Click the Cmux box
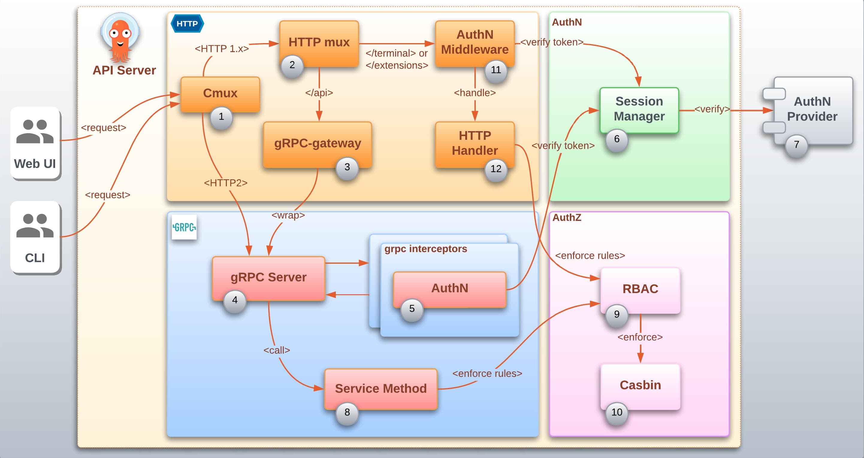[220, 93]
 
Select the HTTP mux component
[319, 43]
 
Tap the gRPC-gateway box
[317, 143]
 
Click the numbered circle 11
[496, 70]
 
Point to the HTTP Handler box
[475, 143]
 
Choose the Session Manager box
[639, 109]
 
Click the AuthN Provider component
[812, 109]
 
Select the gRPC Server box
[268, 277]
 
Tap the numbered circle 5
[412, 309]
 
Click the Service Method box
[381, 388]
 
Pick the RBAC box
[640, 289]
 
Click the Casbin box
[640, 385]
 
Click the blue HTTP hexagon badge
[187, 24]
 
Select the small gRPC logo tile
[184, 228]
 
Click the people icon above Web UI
[35, 131]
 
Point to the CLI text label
[35, 258]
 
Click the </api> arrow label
[319, 93]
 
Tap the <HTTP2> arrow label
[226, 183]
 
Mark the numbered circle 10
[617, 412]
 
